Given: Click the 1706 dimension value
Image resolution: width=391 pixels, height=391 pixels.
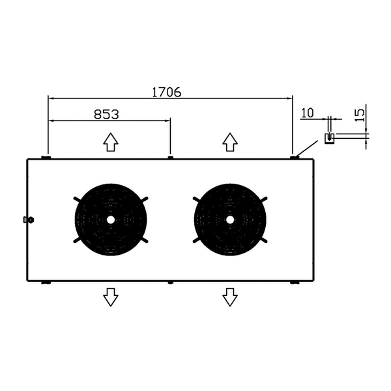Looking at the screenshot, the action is pos(167,93).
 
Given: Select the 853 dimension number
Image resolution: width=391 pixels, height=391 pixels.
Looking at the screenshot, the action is pos(106,115).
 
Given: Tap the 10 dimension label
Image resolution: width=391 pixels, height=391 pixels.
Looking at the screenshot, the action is pos(308,113).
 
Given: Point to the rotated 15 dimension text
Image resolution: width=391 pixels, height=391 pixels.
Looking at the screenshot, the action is pos(360,115).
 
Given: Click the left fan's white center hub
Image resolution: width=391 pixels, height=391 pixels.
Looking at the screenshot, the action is pos(111,220).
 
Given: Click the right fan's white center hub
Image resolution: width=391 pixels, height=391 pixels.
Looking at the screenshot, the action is pos(230,220).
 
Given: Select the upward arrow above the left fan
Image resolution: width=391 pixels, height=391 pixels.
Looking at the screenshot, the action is pos(111,142).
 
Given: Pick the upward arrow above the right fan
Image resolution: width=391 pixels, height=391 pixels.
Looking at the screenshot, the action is pos(230,142).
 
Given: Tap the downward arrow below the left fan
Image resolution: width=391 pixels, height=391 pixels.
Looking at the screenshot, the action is pos(111,297).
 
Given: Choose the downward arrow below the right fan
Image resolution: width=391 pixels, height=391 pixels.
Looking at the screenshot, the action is pos(230,297).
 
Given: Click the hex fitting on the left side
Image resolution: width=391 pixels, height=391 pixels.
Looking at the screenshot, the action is pos(29,220).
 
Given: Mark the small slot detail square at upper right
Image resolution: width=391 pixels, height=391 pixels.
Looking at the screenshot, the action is pos(329,139).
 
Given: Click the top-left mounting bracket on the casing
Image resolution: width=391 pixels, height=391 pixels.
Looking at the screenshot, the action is pos(46,157).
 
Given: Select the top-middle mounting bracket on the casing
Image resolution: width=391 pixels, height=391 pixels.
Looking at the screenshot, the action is pos(170,157).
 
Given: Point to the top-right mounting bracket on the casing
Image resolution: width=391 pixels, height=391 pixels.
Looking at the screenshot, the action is pos(295,157).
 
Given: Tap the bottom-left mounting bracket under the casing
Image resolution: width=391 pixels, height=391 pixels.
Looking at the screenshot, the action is pos(46,283).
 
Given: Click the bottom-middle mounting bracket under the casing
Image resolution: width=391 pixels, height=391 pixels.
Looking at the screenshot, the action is pos(170,283).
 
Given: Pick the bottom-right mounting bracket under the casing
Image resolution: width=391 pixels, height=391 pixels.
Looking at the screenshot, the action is pos(295,283).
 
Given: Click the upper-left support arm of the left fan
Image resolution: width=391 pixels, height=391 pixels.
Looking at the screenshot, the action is pos(78,199).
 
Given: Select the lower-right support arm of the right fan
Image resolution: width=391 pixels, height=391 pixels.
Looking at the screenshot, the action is pos(263,240).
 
